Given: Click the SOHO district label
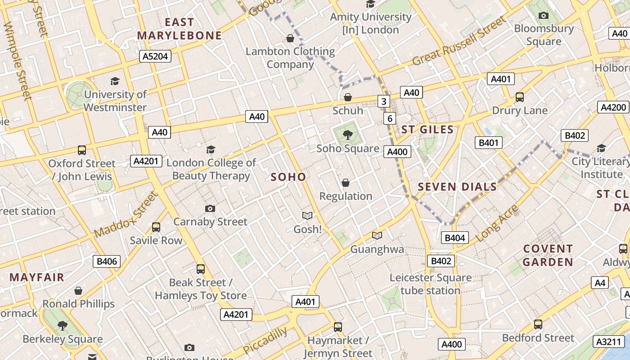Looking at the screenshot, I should click(288, 177).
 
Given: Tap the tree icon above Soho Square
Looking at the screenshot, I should click(347, 134).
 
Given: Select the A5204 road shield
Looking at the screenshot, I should click(155, 56).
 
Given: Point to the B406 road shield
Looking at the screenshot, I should click(107, 261).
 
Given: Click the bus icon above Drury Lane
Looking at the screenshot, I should click(519, 97).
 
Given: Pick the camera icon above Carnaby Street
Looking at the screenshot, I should click(210, 208).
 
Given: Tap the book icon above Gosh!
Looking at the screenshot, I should click(307, 216).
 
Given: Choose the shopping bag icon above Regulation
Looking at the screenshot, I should click(345, 183).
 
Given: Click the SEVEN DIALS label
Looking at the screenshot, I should click(457, 187).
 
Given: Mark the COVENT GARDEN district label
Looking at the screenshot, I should click(548, 255).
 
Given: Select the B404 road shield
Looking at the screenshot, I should click(454, 238).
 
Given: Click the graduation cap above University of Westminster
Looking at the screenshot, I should click(115, 81).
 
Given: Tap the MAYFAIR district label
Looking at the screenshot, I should click(37, 277).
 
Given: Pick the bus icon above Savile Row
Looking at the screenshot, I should click(156, 227).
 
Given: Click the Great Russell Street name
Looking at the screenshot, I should click(459, 41).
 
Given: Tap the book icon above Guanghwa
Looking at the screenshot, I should click(377, 235).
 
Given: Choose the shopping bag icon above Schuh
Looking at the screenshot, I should click(347, 97).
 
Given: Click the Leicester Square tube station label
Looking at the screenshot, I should click(430, 284).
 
